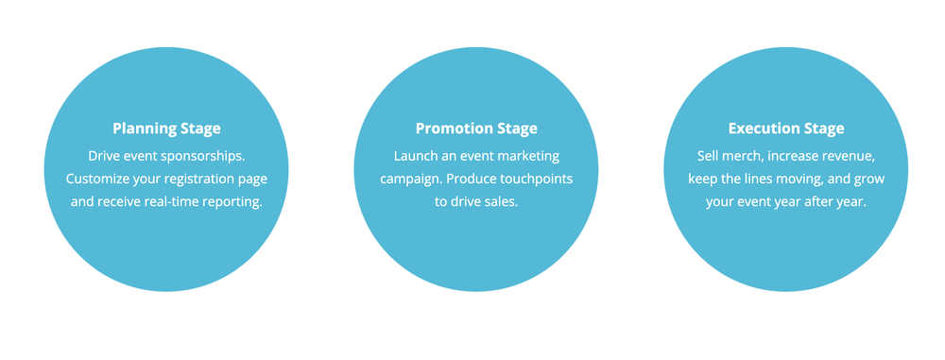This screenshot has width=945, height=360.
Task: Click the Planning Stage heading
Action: pyautogui.click(x=166, y=129)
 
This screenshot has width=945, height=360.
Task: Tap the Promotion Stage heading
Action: pyautogui.click(x=476, y=129)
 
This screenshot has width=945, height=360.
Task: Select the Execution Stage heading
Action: pyautogui.click(x=786, y=129)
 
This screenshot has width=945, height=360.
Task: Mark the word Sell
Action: pyautogui.click(x=709, y=154)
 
